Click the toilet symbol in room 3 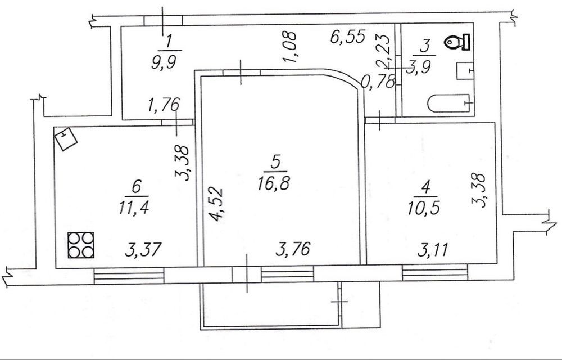[x=457, y=42]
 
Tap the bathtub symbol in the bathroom [x=449, y=103]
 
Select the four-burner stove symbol [x=80, y=245]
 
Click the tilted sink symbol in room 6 [x=66, y=139]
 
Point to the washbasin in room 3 [x=465, y=71]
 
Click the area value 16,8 [x=274, y=183]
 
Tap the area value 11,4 [x=134, y=207]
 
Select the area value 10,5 [x=424, y=207]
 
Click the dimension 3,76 [x=293, y=249]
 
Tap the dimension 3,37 [x=143, y=249]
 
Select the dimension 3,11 [x=433, y=249]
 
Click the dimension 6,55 [x=348, y=37]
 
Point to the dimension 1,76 [x=163, y=105]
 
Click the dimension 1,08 [x=290, y=47]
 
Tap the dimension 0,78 [x=378, y=82]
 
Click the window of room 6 [x=129, y=275]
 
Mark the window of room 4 [x=435, y=272]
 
